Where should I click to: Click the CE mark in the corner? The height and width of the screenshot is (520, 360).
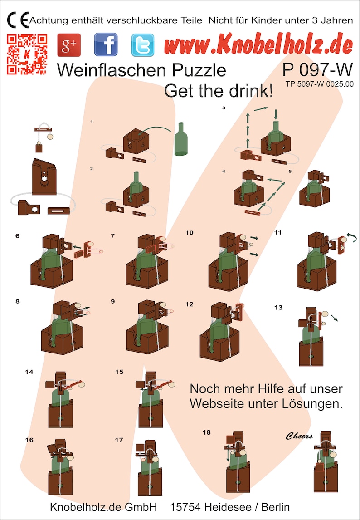click(x=18, y=20)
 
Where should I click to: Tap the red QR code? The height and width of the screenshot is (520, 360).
click(x=27, y=54)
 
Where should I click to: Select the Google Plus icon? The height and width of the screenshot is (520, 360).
click(x=69, y=45)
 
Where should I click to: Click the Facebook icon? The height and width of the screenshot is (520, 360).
click(x=106, y=45)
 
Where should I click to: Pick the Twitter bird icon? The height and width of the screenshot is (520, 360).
click(x=142, y=45)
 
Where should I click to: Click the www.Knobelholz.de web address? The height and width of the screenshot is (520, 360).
click(x=258, y=45)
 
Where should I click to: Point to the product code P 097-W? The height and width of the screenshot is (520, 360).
click(x=317, y=70)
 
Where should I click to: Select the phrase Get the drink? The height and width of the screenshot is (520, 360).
click(x=219, y=91)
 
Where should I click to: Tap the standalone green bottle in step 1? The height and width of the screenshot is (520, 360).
click(x=182, y=138)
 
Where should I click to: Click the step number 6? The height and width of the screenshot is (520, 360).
click(x=17, y=236)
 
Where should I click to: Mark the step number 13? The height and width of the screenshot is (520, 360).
click(x=278, y=308)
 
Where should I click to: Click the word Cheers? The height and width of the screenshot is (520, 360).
click(x=299, y=436)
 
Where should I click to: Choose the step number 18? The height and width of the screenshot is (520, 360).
click(x=207, y=432)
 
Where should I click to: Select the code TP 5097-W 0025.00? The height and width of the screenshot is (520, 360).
click(x=320, y=83)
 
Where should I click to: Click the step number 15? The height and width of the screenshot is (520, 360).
click(x=119, y=372)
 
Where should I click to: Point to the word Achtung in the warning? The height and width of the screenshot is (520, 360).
click(x=49, y=20)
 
